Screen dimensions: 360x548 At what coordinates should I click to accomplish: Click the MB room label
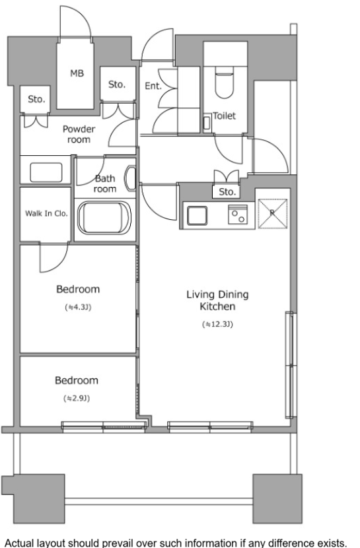click(x=77, y=73)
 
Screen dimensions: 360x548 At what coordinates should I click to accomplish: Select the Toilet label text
click(x=225, y=116)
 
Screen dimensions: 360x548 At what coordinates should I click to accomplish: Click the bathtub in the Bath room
click(x=104, y=218)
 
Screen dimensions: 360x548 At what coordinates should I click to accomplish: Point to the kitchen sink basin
click(x=197, y=215)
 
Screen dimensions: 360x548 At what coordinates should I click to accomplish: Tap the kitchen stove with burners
click(x=238, y=214)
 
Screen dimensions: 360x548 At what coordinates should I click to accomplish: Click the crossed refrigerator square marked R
click(x=273, y=213)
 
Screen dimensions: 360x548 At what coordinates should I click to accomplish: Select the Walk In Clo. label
click(x=46, y=213)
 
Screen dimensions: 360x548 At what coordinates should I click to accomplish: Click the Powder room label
click(x=79, y=134)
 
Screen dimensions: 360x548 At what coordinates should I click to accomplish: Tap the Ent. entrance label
click(x=153, y=86)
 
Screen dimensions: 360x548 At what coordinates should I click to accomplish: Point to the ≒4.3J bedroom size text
click(x=78, y=307)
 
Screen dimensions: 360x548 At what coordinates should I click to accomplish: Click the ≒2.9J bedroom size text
click(x=77, y=398)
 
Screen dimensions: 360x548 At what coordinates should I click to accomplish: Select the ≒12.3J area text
click(x=217, y=324)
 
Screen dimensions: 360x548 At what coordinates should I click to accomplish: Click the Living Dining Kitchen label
click(x=217, y=300)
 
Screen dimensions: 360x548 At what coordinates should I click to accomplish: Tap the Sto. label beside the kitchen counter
click(x=227, y=191)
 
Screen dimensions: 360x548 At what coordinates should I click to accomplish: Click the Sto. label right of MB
click(x=117, y=85)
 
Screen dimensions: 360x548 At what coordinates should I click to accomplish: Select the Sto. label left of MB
click(x=36, y=99)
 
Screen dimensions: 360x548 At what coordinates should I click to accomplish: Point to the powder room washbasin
click(x=46, y=172)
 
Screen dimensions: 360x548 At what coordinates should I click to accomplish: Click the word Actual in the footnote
click(x=20, y=543)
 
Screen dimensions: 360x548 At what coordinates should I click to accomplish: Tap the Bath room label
click(x=105, y=184)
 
